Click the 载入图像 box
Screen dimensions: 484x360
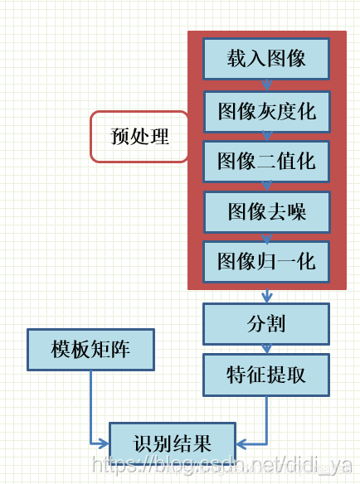[266, 59]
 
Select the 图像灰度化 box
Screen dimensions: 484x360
[266, 111]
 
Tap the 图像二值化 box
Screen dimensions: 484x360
[266, 161]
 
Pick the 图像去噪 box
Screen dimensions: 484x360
[266, 211]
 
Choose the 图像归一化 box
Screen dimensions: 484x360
[266, 261]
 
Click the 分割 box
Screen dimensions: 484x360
[266, 323]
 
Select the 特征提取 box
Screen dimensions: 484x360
[266, 375]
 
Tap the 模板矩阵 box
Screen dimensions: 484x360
[90, 349]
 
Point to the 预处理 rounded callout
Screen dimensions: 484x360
[139, 137]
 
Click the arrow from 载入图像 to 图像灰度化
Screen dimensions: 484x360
[266, 85]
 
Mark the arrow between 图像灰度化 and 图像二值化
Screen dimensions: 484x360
[266, 137]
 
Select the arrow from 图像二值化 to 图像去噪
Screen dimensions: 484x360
[266, 186]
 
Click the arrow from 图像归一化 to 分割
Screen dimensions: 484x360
[266, 295]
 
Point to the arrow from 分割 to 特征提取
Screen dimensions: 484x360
[266, 349]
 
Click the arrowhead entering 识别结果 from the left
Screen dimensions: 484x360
[104, 443]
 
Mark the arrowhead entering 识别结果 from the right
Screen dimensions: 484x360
[241, 443]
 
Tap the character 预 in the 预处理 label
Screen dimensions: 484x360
[120, 137]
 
